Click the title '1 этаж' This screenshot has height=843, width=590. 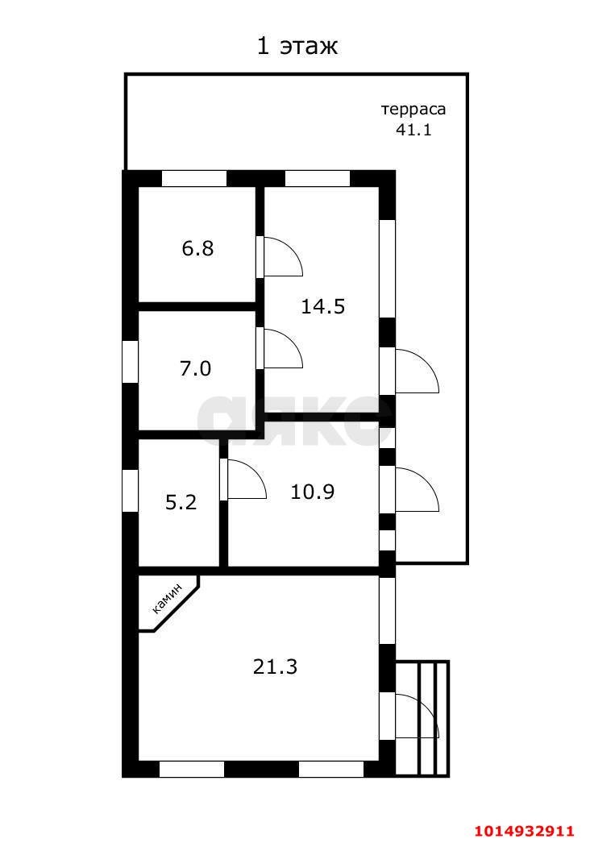(x=297, y=47)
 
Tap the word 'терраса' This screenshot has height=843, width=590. (x=413, y=110)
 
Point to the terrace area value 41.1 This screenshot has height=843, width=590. (x=413, y=129)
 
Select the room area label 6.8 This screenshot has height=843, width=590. (x=197, y=248)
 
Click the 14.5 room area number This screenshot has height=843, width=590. (x=322, y=306)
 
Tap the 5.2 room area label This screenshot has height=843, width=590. (x=181, y=503)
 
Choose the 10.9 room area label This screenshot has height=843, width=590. (x=313, y=491)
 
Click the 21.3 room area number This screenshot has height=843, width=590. (x=275, y=667)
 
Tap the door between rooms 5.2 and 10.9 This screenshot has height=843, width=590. (x=244, y=480)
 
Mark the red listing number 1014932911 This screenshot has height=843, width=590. (x=523, y=831)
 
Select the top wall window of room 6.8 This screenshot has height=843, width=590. (x=194, y=179)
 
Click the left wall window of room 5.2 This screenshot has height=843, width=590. (x=131, y=489)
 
